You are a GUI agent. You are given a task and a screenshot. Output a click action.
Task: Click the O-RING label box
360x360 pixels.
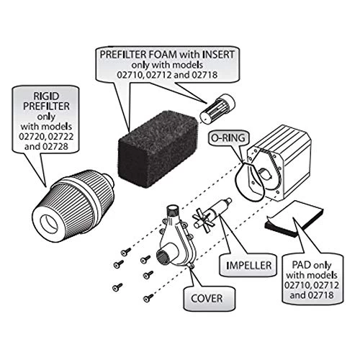(x=226, y=136)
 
